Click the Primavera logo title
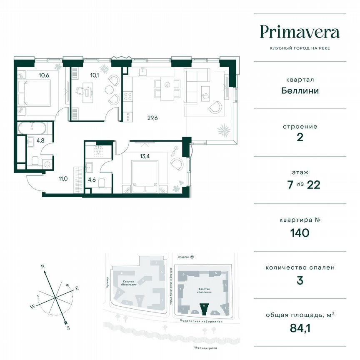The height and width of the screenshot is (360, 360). (x=300, y=32)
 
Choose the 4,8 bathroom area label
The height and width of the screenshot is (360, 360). (x=40, y=140)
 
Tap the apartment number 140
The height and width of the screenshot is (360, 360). (x=300, y=232)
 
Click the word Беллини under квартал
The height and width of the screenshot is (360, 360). (x=300, y=90)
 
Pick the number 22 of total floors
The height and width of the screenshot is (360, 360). (x=312, y=185)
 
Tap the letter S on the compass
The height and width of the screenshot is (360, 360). (x=68, y=328)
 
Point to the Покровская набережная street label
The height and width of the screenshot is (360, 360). (x=201, y=322)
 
